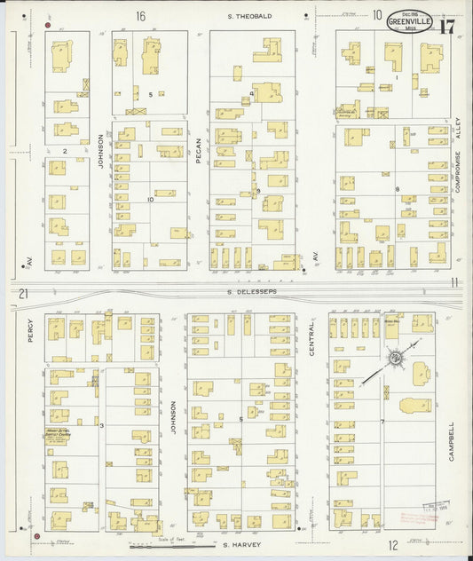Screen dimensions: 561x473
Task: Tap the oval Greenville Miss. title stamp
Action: [410, 20]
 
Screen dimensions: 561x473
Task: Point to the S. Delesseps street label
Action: [251, 290]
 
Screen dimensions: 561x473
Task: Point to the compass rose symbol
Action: [395, 359]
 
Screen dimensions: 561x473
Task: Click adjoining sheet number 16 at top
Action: [140, 15]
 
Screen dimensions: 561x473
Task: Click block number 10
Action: [151, 200]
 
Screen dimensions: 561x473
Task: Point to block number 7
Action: [382, 421]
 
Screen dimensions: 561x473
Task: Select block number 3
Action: [103, 426]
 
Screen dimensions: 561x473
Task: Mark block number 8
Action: [398, 189]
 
